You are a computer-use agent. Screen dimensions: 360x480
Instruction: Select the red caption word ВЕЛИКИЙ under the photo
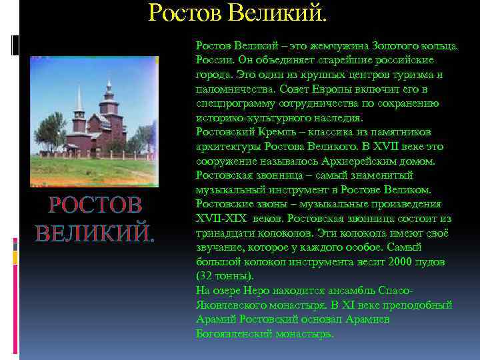pos(94,233)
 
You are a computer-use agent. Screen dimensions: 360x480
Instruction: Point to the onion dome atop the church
pos(108,85)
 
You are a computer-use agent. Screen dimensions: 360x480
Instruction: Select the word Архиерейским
pos(373,162)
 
